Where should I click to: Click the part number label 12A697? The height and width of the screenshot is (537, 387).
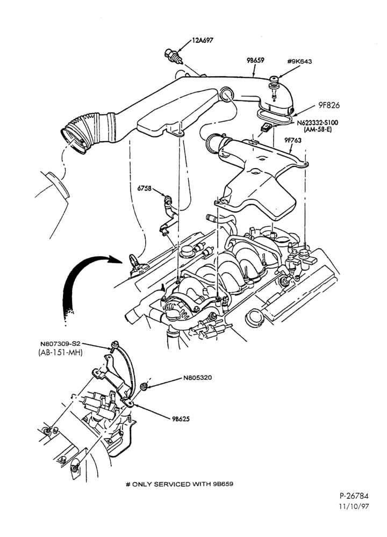pos(202,40)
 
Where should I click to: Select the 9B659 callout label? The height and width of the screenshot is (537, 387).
pos(255,61)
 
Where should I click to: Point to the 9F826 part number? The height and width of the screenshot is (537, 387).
pos(329,105)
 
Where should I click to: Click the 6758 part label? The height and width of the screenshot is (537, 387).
pos(144,188)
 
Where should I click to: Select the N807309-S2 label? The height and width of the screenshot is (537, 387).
pos(61,344)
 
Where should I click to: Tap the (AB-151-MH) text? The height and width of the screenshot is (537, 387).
pos(60,352)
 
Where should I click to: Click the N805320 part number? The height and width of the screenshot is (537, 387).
pos(197,378)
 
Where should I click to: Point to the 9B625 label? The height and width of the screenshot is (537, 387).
pos(181,419)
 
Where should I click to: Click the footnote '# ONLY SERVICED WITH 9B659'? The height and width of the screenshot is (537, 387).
pos(180,484)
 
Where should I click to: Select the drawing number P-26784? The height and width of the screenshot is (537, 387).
pos(354,496)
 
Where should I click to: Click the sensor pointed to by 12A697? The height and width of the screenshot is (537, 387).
pos(174,56)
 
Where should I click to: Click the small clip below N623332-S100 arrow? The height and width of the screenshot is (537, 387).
pos(266,128)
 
